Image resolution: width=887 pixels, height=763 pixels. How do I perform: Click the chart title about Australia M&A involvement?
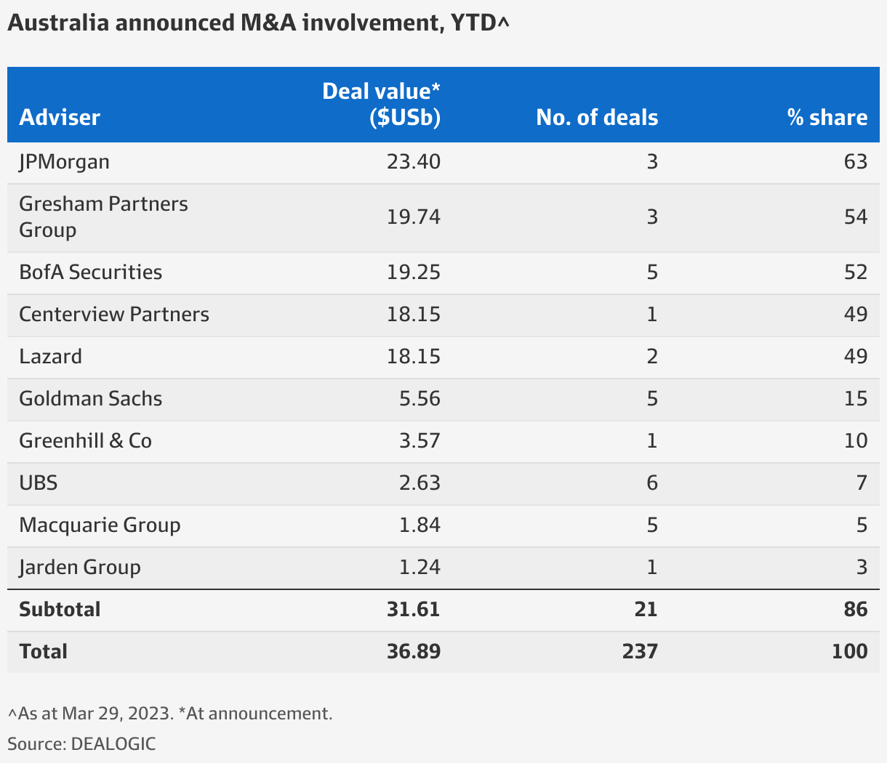coord(258,23)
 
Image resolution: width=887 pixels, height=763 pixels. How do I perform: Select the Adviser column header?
coord(60,118)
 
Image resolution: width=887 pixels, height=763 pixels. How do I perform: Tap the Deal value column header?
coord(382,105)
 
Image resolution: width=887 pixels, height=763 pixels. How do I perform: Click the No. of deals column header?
coord(597,118)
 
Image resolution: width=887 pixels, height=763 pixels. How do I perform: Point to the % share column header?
coord(827,118)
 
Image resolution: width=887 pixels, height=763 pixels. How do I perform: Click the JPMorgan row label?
coord(65,161)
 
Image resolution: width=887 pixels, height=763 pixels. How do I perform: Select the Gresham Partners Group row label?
coord(103,217)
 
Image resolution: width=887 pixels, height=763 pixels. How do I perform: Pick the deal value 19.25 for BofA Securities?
coord(414,272)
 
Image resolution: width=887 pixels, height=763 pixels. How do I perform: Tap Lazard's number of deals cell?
coord(652,356)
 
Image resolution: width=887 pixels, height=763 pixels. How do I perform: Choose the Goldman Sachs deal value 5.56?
coord(420,398)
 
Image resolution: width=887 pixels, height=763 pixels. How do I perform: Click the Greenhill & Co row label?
coord(85,440)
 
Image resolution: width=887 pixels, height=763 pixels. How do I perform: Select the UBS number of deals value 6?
coord(652,483)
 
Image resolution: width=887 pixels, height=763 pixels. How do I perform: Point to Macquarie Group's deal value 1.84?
coord(420,525)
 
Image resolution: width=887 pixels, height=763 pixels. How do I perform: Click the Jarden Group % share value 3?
coord(862,567)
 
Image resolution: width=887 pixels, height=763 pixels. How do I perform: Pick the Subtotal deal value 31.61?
coord(414,609)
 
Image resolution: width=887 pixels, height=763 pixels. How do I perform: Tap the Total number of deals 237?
coord(640,651)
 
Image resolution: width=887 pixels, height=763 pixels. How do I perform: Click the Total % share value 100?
coord(849,651)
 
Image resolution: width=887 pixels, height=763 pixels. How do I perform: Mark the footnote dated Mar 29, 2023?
coord(170,714)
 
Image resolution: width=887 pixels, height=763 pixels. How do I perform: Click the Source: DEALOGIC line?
coord(81,743)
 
